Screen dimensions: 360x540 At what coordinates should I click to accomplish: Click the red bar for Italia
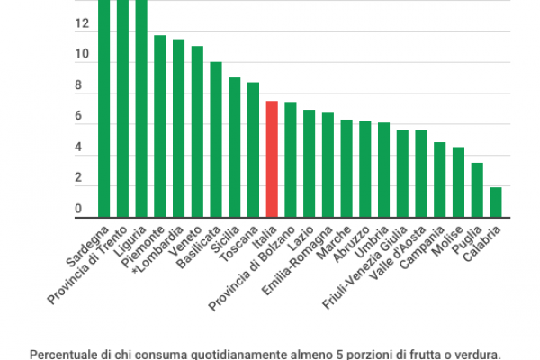pos(271,158)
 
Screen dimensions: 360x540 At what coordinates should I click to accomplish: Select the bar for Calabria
pos(495,202)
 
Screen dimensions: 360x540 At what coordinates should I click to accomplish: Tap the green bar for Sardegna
pos(103,108)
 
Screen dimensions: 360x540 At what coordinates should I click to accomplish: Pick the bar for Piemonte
pos(159,126)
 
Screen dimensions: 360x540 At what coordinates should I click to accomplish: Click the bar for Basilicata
pos(216,139)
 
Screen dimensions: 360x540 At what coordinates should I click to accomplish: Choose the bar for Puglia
pos(477,190)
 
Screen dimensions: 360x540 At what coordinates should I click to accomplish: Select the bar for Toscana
pos(253,149)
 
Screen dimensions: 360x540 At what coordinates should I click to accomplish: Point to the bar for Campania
pos(439,179)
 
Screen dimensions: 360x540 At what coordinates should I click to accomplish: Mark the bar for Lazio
pos(309,163)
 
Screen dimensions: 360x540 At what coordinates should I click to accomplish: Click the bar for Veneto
pos(197,131)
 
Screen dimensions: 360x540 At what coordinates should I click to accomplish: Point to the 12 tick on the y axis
pos(82,24)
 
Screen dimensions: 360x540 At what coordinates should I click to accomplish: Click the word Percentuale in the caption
pos(60,354)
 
